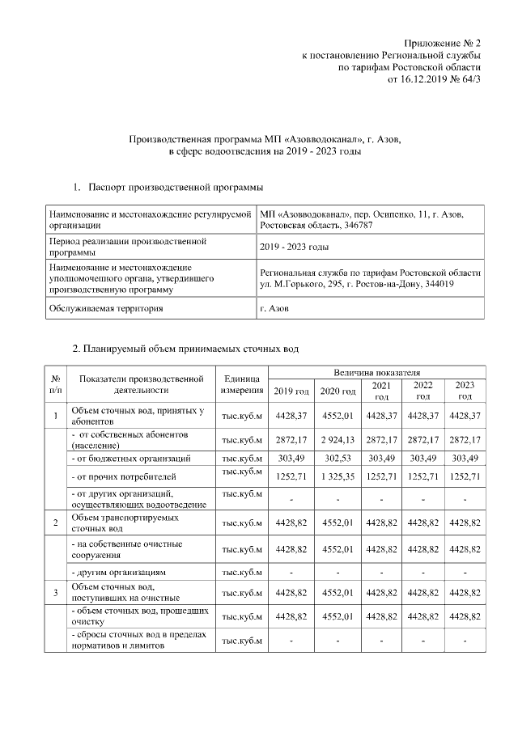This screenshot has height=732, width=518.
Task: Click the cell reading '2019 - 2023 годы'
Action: pos(293,247)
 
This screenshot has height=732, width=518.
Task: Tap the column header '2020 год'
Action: pos(338,391)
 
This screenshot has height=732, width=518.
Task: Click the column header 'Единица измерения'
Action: pos(242,384)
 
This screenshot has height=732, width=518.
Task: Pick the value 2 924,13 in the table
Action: pos(338,440)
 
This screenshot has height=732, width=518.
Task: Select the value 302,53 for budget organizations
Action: pos(338,459)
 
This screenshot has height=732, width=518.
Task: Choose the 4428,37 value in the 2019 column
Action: pos(291,417)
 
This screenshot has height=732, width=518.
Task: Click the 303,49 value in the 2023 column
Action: pos(465,459)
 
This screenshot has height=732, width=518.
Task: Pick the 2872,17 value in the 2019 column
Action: pos(291,440)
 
